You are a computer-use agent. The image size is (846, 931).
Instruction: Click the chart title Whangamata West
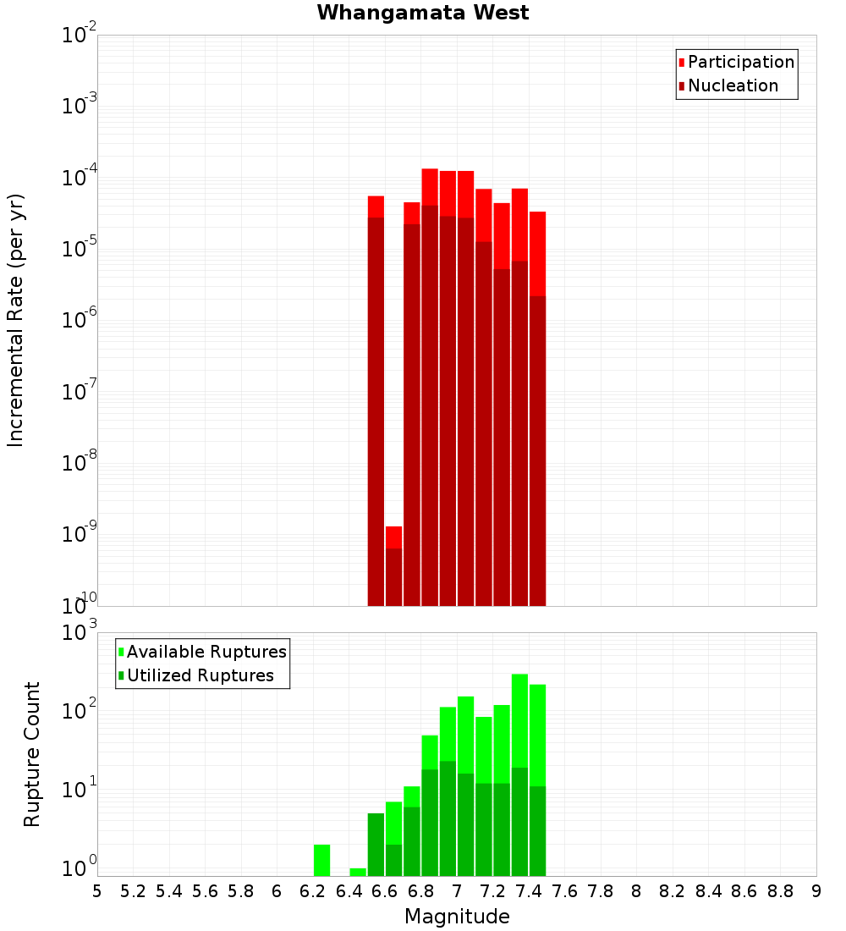point(423,13)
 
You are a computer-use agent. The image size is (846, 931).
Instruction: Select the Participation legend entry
point(740,62)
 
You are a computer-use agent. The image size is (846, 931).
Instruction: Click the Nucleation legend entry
point(732,85)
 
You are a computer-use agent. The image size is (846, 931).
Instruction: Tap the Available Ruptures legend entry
point(206,652)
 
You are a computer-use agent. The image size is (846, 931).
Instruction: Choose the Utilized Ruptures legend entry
point(200,675)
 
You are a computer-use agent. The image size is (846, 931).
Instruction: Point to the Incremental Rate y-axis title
point(16,320)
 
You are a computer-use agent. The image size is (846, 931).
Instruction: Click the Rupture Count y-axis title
point(32,754)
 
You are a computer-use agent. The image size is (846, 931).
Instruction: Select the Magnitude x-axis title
point(457,917)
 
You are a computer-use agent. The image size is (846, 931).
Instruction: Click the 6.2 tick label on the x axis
point(313,891)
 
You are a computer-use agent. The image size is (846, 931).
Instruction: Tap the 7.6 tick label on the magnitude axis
point(564,891)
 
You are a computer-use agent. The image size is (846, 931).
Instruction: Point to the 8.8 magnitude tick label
point(780,891)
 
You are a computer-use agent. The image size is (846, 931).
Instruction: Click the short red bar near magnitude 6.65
point(394,565)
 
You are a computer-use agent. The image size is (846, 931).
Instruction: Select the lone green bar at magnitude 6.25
point(321,859)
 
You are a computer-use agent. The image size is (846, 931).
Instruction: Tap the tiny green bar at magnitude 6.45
point(358,872)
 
